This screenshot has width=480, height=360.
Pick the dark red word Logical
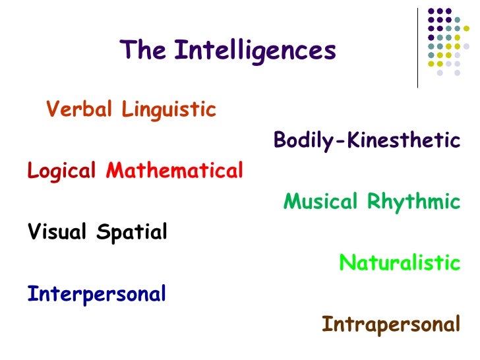(61, 171)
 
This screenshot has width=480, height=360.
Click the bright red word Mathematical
(175, 171)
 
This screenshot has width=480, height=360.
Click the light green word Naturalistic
(400, 263)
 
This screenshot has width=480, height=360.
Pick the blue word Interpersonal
(96, 293)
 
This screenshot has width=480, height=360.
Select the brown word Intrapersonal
(391, 324)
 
